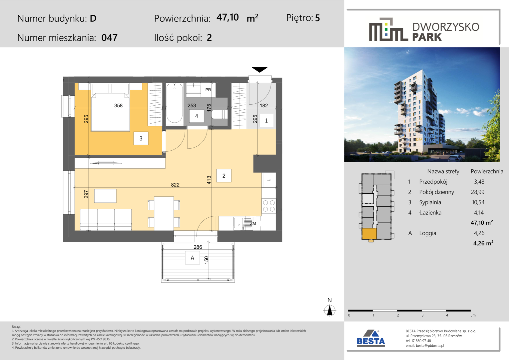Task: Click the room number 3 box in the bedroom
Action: click(x=141, y=138)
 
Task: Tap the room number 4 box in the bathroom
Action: click(x=197, y=116)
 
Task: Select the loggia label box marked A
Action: click(x=193, y=258)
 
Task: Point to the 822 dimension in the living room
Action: click(x=175, y=185)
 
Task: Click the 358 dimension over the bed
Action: click(x=118, y=105)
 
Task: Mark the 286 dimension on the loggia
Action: click(x=198, y=247)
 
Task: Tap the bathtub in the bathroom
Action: click(x=174, y=103)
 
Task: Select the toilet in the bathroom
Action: click(x=220, y=114)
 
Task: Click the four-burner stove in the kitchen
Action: click(x=269, y=206)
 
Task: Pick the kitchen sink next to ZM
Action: click(x=239, y=223)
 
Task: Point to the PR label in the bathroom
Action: click(x=208, y=90)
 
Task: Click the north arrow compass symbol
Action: click(x=330, y=310)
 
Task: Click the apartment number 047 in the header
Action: click(x=109, y=38)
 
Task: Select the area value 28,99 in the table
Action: click(x=478, y=192)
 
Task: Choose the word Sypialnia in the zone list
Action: click(x=430, y=202)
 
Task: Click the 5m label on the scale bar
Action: click(x=473, y=315)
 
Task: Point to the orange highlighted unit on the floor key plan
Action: click(x=369, y=234)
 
